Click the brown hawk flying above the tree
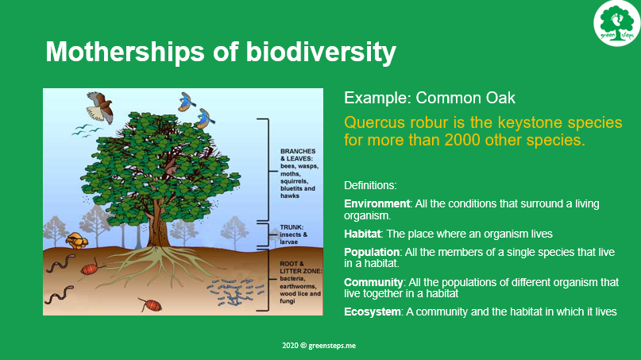click(100, 106)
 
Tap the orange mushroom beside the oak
click(77, 240)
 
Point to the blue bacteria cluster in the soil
click(235, 292)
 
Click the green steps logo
click(617, 23)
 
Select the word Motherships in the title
click(125, 52)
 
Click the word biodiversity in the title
click(321, 52)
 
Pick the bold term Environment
click(376, 203)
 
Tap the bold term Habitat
click(362, 234)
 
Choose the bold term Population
click(372, 252)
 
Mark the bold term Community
click(373, 282)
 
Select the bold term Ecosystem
click(372, 312)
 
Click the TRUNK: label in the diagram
click(292, 227)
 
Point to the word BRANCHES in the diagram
click(298, 151)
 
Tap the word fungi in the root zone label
click(288, 301)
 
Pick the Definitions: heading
click(370, 185)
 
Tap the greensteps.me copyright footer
click(319, 346)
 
